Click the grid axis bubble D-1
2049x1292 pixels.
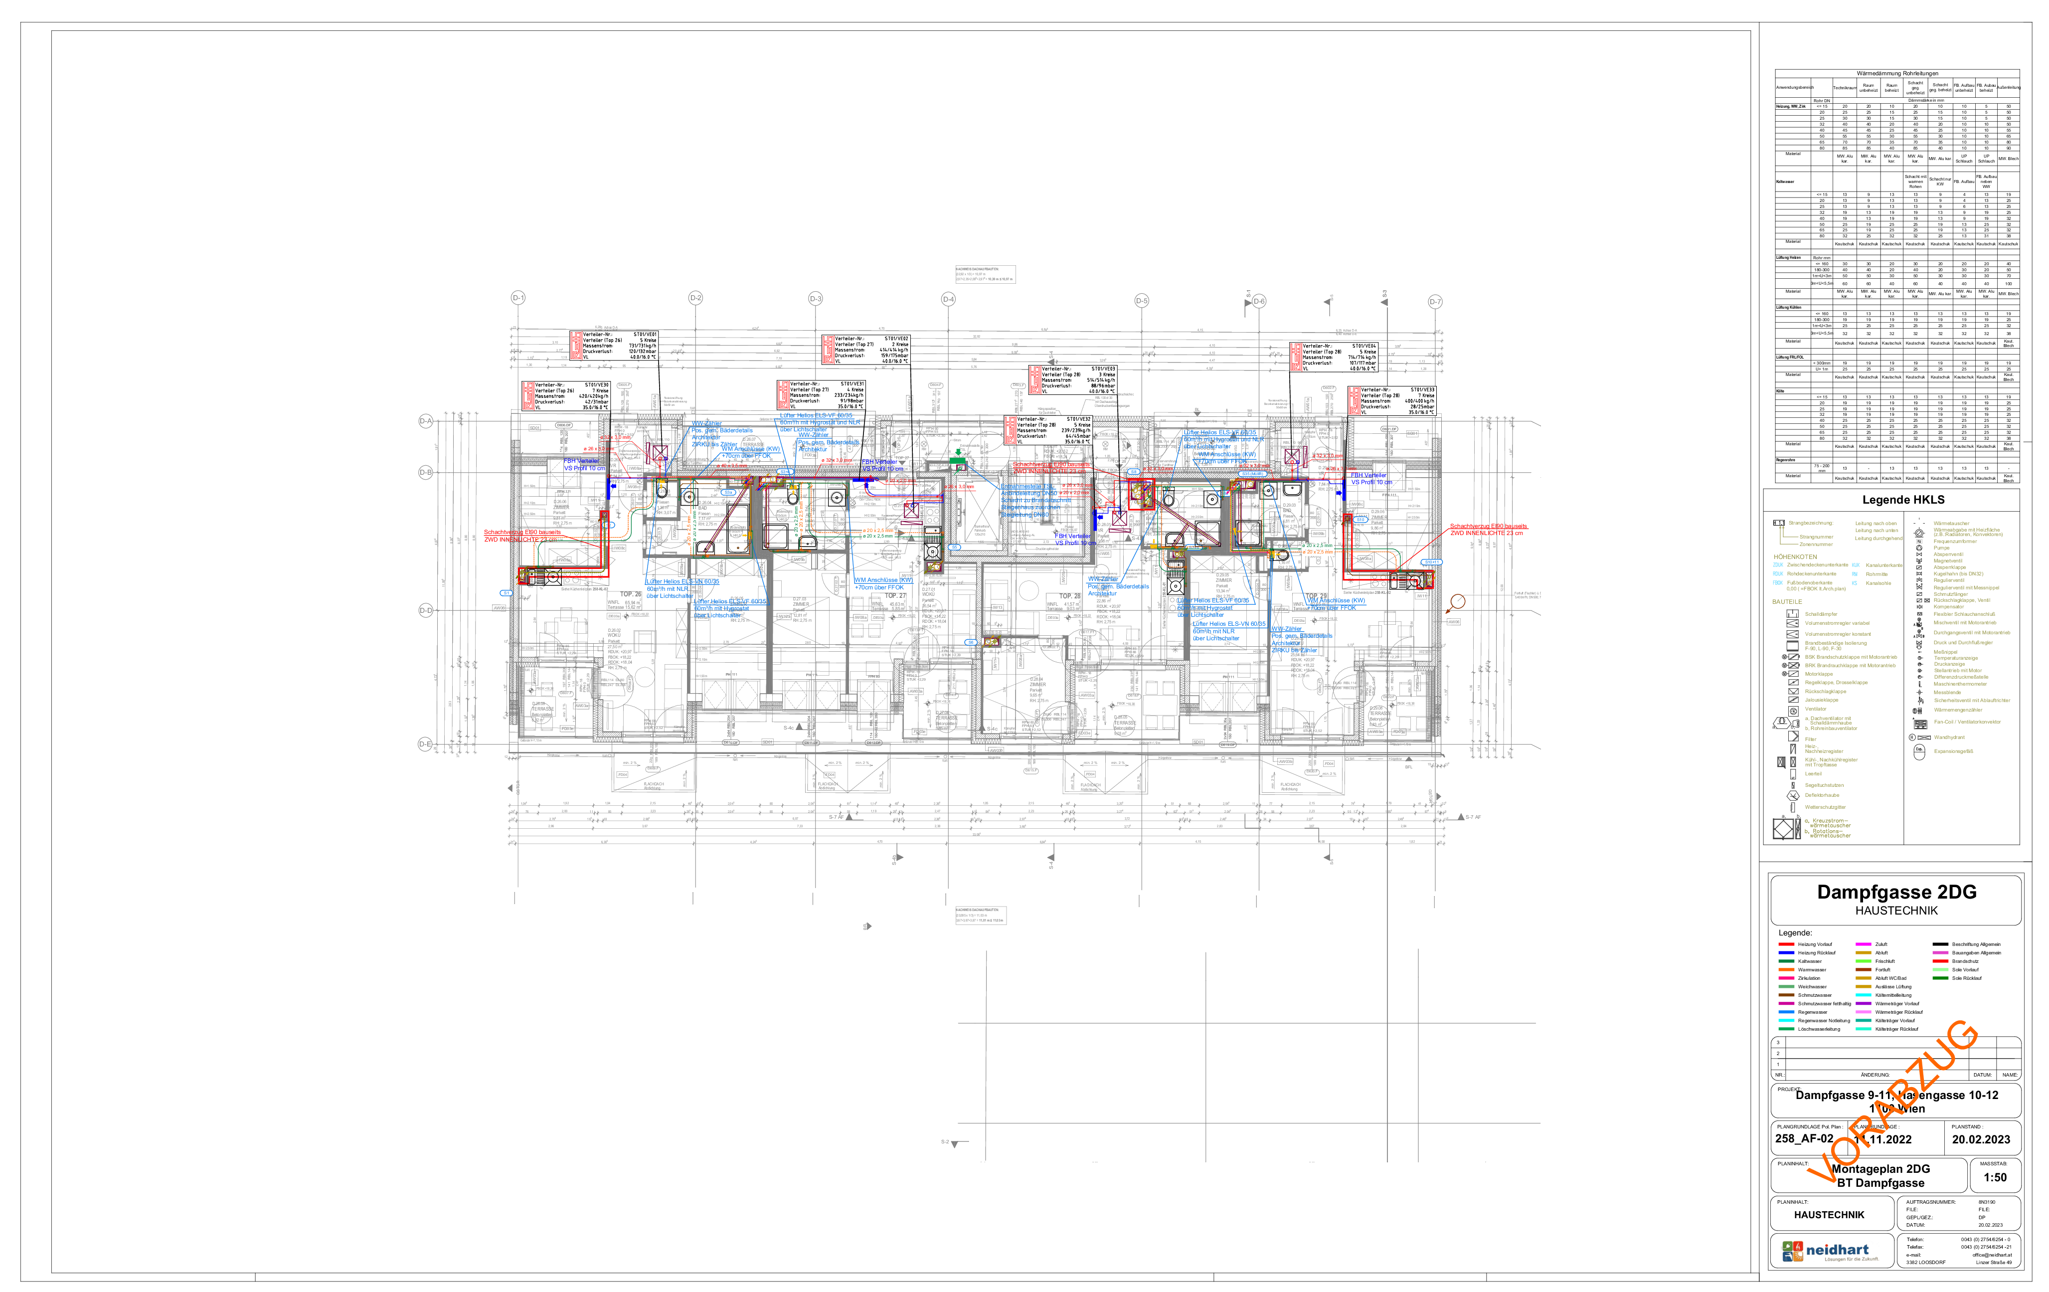[x=517, y=298]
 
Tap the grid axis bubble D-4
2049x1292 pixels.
[x=948, y=299]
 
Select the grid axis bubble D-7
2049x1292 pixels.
[x=1435, y=301]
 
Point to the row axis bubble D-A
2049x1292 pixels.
[x=425, y=421]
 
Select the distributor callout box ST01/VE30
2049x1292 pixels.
[x=565, y=396]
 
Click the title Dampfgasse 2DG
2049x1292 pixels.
[x=1896, y=893]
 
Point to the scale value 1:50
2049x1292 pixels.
[x=1995, y=1178]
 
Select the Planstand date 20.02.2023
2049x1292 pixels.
[x=1981, y=1139]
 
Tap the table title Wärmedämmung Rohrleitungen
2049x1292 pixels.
[x=1896, y=74]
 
